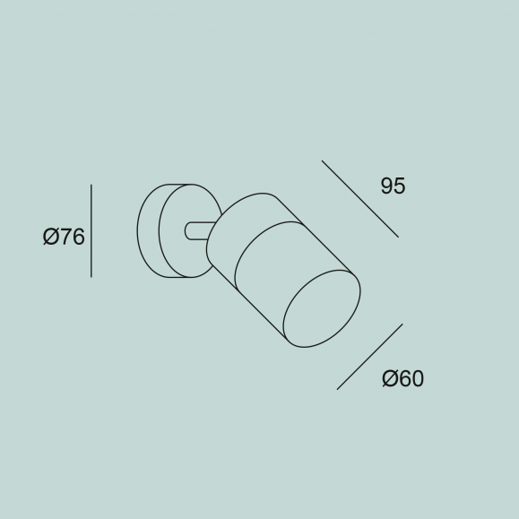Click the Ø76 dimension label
point(64,237)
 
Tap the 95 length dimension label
point(393,186)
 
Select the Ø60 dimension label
point(402,378)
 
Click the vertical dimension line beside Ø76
point(91,231)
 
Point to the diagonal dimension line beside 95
point(360,199)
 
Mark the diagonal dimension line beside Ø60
point(369,357)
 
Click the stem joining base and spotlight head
point(197,231)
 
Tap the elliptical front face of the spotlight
point(322,309)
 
